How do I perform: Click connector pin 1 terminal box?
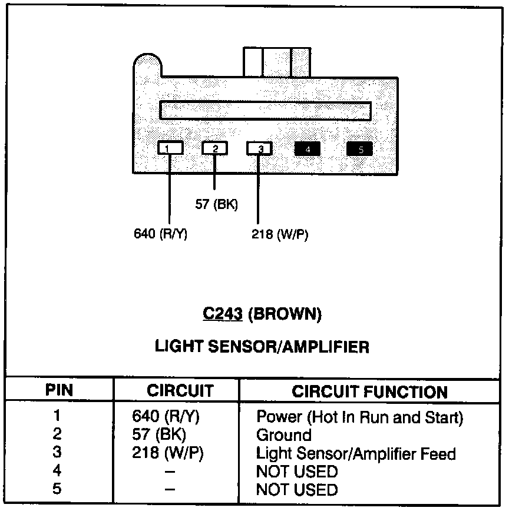pos(170,148)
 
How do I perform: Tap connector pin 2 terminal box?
pos(215,148)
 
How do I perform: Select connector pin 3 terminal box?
pos(260,148)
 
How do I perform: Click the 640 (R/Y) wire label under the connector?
pos(161,234)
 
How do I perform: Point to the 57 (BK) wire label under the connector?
pos(217,204)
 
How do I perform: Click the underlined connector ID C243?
pos(223,314)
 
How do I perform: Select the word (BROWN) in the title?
pos(285,314)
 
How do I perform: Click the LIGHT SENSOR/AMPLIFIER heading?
pos(262,347)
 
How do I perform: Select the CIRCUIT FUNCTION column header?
pos(369,391)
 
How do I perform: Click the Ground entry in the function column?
pos(283,435)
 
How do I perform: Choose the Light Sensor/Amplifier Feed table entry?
pos(355,453)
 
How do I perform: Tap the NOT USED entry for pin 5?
pos(297,489)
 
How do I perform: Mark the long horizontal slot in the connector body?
pos(266,111)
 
